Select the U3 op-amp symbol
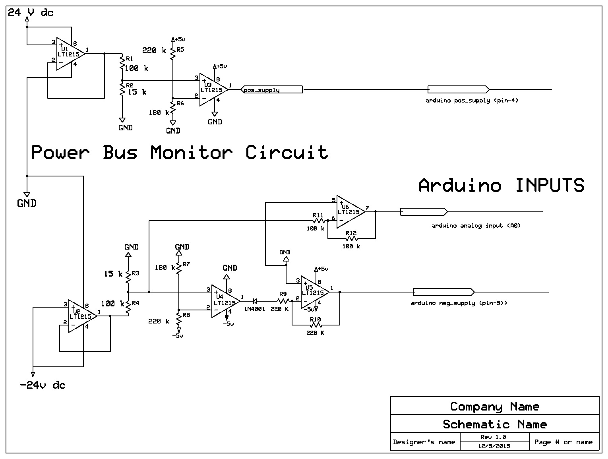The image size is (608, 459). pyautogui.click(x=213, y=89)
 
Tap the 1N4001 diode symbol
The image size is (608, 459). pyautogui.click(x=255, y=301)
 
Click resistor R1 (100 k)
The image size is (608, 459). pyautogui.click(x=122, y=63)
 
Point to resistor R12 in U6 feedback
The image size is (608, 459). pyautogui.click(x=351, y=238)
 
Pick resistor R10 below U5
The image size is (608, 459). pyautogui.click(x=316, y=325)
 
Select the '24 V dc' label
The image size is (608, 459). pyautogui.click(x=31, y=13)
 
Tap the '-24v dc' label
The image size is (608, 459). pyautogui.click(x=43, y=385)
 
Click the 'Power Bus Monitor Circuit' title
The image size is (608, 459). pyautogui.click(x=179, y=153)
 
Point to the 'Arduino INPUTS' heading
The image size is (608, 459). pyautogui.click(x=501, y=186)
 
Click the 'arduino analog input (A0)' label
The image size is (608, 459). pyautogui.click(x=476, y=226)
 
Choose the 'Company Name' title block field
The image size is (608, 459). pyautogui.click(x=495, y=406)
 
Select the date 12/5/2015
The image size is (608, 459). pyautogui.click(x=494, y=446)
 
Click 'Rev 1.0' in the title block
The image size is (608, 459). pyautogui.click(x=494, y=437)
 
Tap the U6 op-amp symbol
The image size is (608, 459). pyautogui.click(x=350, y=212)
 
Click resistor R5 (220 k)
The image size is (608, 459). pyautogui.click(x=172, y=52)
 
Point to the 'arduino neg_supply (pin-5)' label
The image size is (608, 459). pyautogui.click(x=459, y=303)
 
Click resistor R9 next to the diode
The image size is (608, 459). pyautogui.click(x=283, y=301)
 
